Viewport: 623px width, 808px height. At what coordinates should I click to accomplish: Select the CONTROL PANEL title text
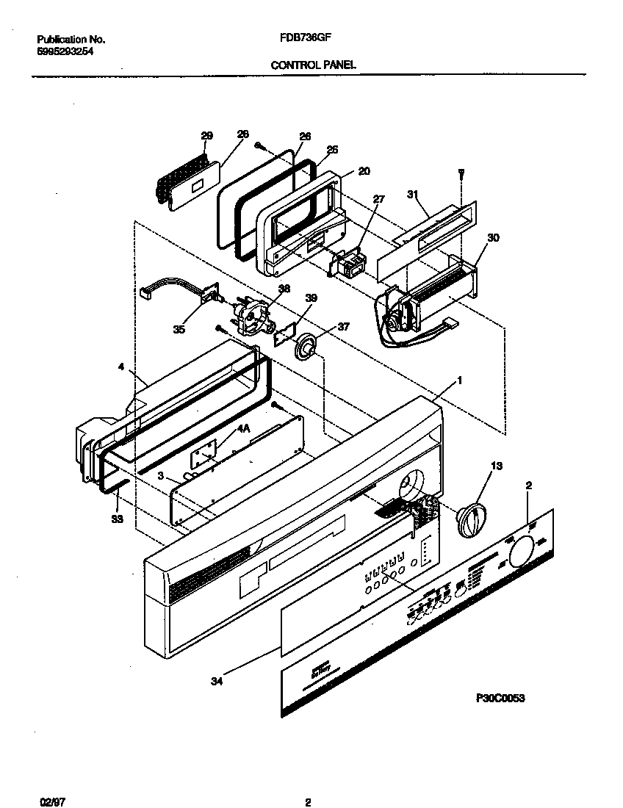click(314, 65)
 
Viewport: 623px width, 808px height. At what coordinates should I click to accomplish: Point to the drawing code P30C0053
click(501, 699)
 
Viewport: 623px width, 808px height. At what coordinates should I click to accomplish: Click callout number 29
click(206, 136)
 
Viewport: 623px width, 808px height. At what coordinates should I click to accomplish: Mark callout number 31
click(412, 195)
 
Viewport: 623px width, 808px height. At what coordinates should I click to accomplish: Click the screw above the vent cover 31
click(461, 173)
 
